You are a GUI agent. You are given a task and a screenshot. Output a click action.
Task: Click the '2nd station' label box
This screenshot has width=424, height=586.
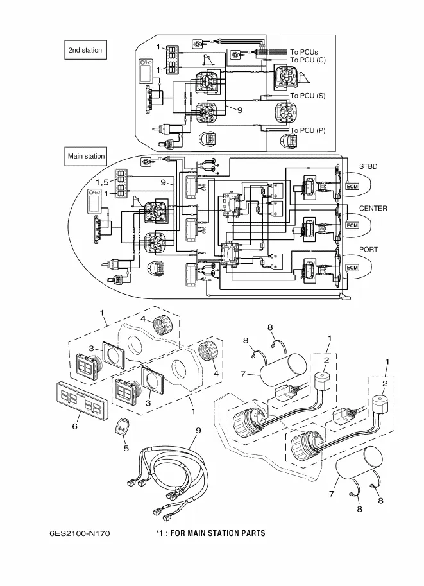coord(85,50)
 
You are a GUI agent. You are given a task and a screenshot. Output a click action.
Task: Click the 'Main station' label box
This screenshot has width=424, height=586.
coord(87,156)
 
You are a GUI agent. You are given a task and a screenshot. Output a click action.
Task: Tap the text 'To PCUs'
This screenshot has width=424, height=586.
coord(304,52)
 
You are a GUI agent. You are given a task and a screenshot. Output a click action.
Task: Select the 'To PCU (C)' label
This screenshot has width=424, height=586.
coord(308,60)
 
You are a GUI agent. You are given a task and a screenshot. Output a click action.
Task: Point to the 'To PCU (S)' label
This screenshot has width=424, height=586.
coord(307,96)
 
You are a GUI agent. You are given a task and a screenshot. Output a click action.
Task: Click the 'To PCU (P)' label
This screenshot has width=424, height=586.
coord(307,130)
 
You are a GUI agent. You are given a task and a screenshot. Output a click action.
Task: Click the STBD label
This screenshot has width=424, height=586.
coord(368,167)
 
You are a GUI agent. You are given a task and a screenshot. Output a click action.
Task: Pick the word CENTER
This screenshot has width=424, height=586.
coord(373,209)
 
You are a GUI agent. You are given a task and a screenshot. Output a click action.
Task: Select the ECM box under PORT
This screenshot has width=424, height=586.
coord(352,267)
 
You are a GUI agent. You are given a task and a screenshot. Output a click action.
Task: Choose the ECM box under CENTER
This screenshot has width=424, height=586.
coord(352,225)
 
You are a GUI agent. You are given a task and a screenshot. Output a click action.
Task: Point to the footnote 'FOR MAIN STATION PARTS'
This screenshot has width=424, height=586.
coord(216,533)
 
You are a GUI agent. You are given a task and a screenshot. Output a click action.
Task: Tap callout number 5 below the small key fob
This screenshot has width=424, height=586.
coord(126,448)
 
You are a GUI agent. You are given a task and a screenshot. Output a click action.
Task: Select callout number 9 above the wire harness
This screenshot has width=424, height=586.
coord(198,430)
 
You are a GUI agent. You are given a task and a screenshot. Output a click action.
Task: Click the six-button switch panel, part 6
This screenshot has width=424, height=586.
coord(80,399)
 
